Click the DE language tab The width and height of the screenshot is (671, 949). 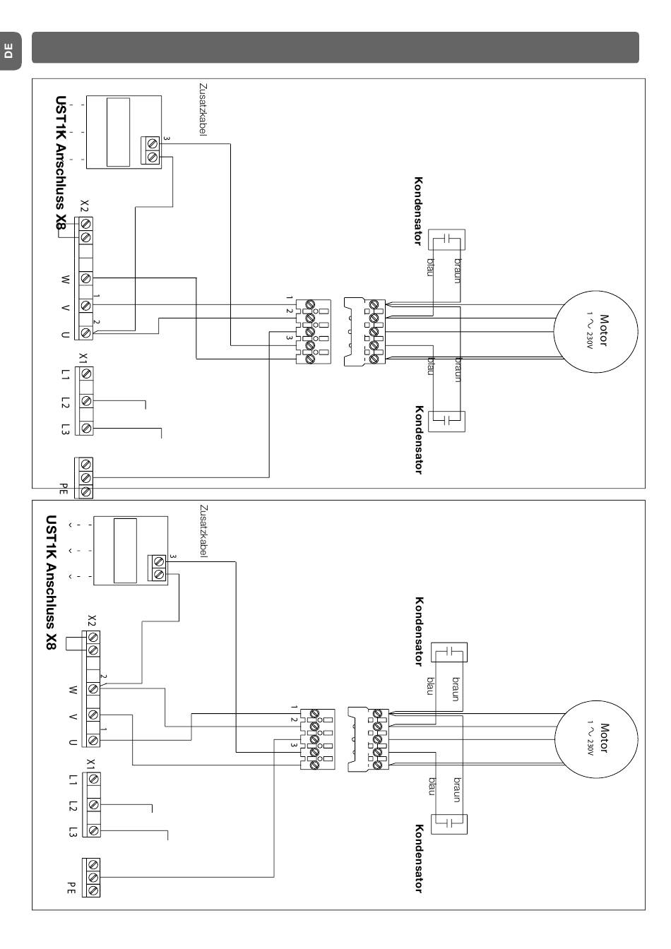9,51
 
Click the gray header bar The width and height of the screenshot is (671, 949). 335,47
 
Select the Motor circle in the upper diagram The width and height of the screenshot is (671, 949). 595,331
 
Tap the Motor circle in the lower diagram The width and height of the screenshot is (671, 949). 596,739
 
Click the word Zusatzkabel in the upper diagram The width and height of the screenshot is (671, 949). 203,109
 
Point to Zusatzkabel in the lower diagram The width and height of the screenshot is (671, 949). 203,531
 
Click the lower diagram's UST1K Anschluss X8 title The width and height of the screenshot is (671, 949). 51,582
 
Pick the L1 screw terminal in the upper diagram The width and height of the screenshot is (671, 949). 86,374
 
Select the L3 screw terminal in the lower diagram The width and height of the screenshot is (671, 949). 94,830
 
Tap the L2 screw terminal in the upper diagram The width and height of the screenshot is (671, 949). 86,401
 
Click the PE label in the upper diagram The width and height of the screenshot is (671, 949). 63,489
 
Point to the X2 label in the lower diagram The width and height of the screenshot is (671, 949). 92,621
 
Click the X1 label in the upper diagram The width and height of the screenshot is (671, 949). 83,359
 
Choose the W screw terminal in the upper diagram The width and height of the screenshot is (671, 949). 86,278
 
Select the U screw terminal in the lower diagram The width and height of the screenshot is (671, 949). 94,740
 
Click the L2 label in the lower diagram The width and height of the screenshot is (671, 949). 73,806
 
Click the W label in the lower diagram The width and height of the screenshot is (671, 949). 73,690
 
